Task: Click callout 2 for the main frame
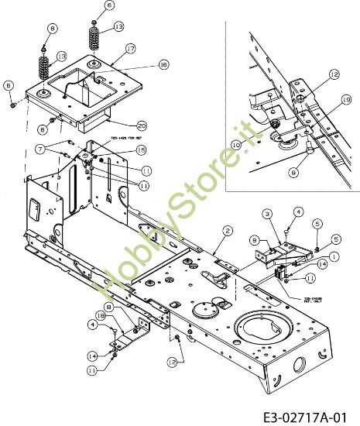[x=228, y=230]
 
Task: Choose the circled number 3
[x=266, y=214]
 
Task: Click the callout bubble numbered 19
[x=345, y=98]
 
